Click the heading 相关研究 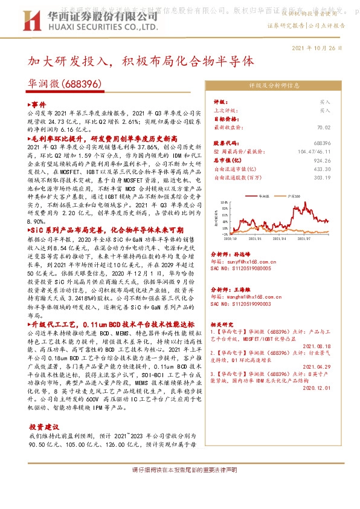pyautogui.click(x=223, y=323)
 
